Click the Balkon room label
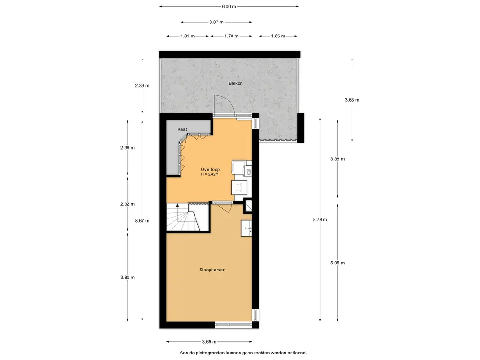tap(235, 83)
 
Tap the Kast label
tap(182, 129)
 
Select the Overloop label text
tap(210, 169)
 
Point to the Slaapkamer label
tap(212, 270)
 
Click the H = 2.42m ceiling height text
tap(210, 174)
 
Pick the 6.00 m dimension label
tap(229, 6)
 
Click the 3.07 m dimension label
tap(217, 22)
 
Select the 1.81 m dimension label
tap(187, 36)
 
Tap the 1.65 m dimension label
tap(278, 36)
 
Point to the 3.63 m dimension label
tap(352, 100)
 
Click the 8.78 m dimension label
tap(320, 219)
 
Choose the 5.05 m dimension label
tap(337, 262)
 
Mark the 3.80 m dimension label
tap(127, 277)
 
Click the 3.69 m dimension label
tap(210, 342)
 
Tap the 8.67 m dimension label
tap(142, 220)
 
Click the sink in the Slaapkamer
tap(247, 228)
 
